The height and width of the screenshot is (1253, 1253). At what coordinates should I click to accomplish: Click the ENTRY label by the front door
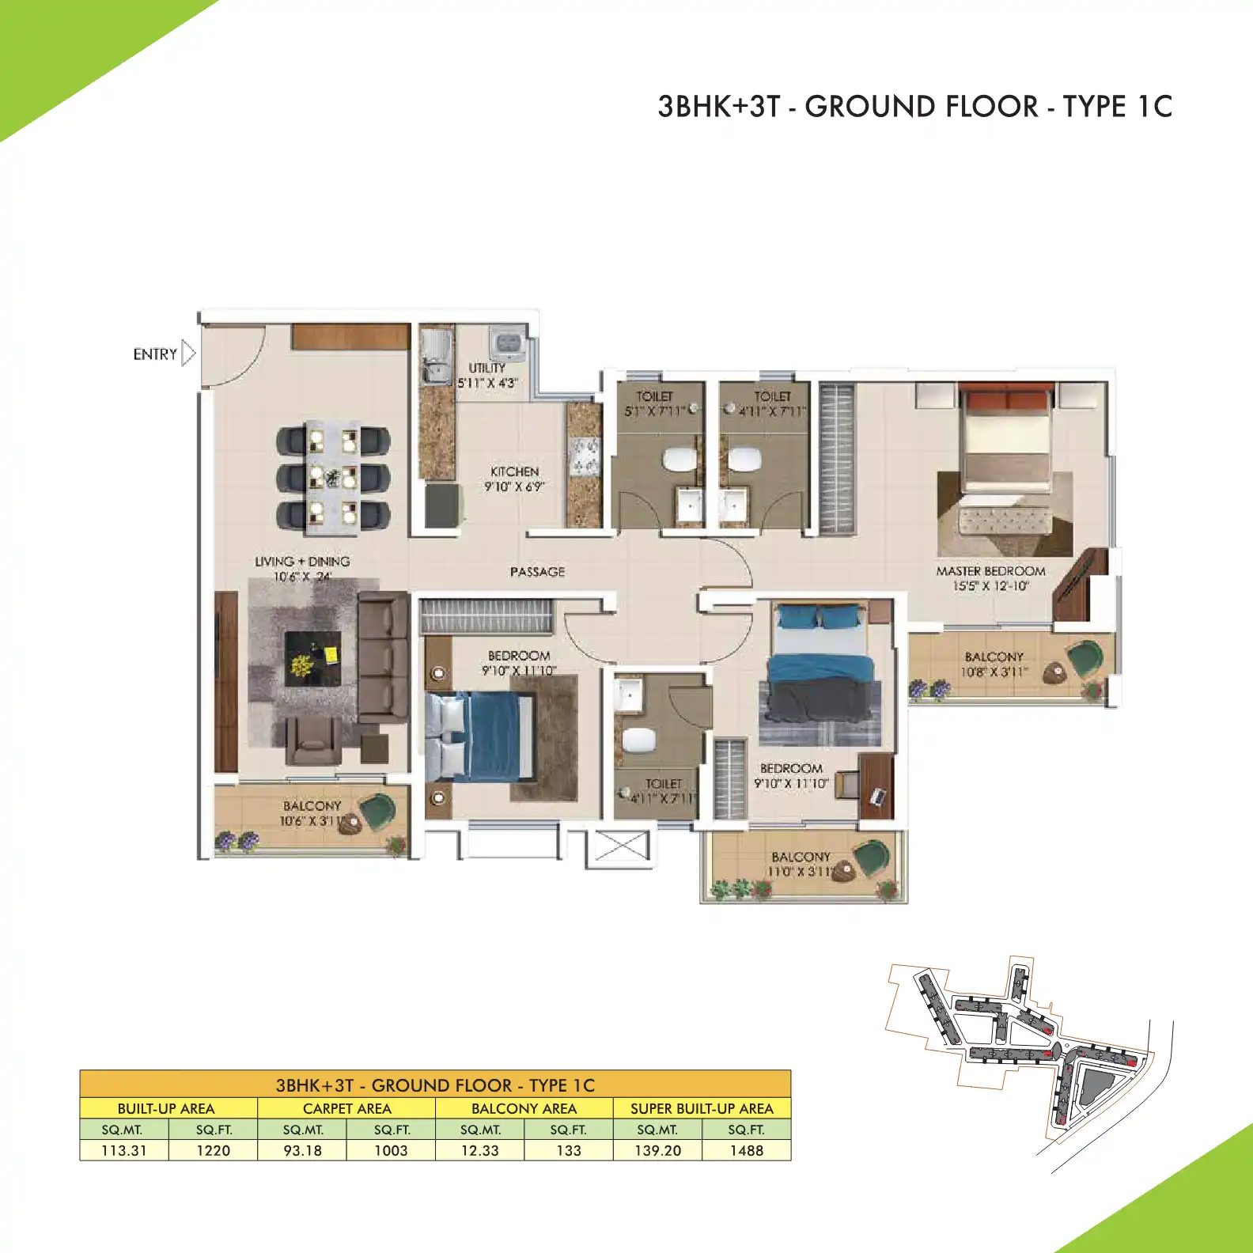(155, 354)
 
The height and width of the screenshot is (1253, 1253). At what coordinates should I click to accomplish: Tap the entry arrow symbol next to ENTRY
(188, 353)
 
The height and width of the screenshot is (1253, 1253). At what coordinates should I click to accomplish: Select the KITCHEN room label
(514, 471)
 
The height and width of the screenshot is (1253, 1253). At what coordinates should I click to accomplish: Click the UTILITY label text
(486, 368)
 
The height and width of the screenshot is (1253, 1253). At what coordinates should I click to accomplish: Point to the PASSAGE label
(537, 572)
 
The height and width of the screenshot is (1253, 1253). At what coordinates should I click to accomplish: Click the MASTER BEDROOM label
(990, 571)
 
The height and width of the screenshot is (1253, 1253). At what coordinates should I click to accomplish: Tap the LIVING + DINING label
(302, 562)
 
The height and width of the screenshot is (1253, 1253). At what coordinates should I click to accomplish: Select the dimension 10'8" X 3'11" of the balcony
(994, 672)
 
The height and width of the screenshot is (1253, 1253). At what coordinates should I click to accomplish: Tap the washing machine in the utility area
(507, 345)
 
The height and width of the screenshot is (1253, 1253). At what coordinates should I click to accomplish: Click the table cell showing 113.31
(124, 1150)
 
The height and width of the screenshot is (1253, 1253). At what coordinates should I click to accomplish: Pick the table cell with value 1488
(746, 1150)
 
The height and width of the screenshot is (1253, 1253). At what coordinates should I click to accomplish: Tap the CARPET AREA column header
(346, 1108)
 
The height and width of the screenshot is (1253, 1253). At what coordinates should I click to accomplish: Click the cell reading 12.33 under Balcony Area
(480, 1150)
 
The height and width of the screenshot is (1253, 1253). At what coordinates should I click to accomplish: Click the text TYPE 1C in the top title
(1117, 107)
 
